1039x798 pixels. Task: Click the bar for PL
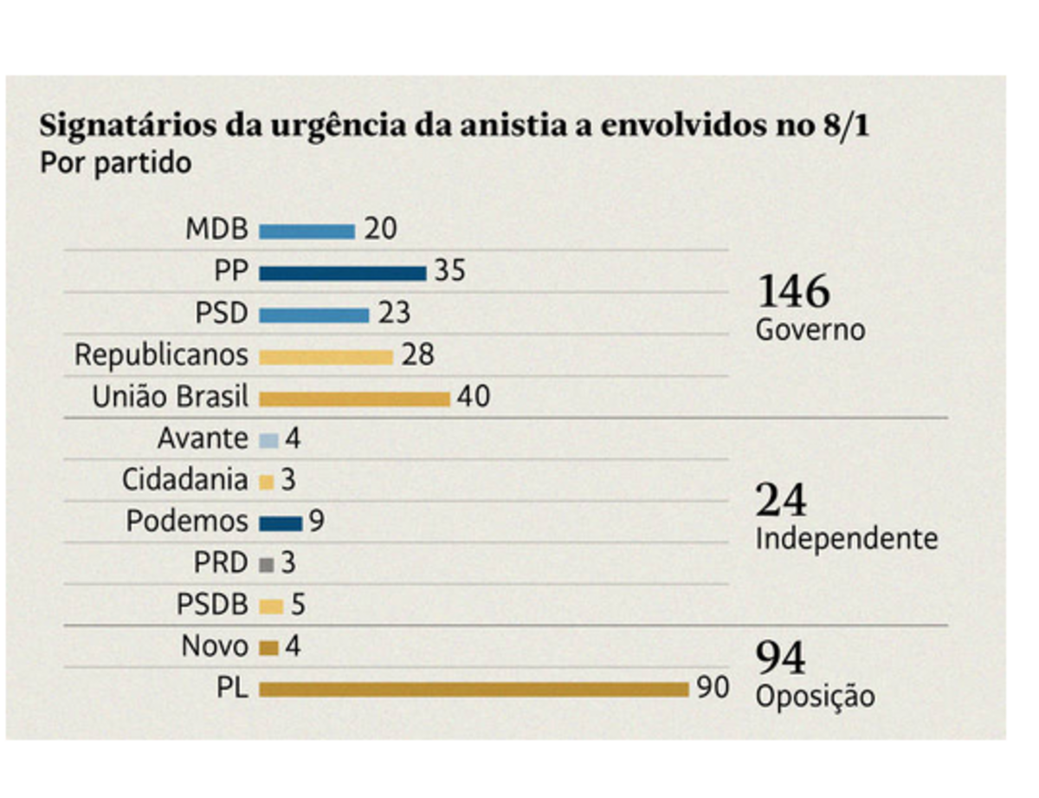474,690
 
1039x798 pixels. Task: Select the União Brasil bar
354,399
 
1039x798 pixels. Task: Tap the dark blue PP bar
342,274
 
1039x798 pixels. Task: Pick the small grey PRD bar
267,565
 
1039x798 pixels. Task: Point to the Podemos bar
281,523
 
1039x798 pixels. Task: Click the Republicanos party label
161,355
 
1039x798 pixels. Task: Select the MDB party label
216,230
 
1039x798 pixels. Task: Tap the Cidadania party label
184,480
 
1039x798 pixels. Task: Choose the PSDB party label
212,605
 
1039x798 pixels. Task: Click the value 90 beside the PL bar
713,688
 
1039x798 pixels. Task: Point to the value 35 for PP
449,272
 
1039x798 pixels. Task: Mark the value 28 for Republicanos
417,355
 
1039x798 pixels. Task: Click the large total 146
793,292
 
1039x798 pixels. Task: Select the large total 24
781,501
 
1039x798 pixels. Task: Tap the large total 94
781,659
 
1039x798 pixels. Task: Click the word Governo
810,330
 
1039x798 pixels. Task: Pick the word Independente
846,539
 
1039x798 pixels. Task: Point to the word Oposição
815,697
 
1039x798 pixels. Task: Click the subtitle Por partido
115,163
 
